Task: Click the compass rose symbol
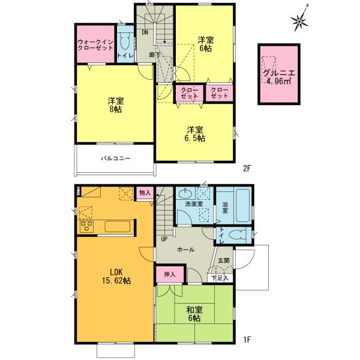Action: pyautogui.click(x=301, y=21)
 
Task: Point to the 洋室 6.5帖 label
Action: pyautogui.click(x=194, y=133)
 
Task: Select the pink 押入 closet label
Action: pyautogui.click(x=170, y=274)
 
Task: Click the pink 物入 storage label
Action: pyautogui.click(x=144, y=193)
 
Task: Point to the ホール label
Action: pyautogui.click(x=185, y=250)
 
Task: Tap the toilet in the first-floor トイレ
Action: pyautogui.click(x=238, y=235)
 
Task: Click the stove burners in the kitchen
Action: pyautogui.click(x=86, y=227)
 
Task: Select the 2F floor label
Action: pyautogui.click(x=246, y=169)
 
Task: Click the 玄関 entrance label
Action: pyautogui.click(x=223, y=260)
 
